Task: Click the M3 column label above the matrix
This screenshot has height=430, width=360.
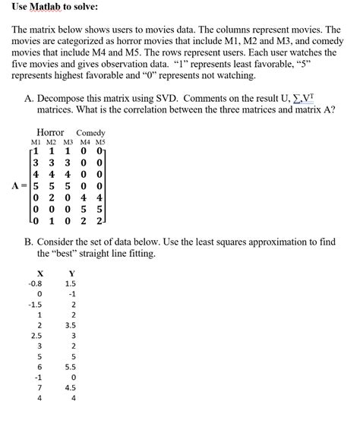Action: [x=70, y=142]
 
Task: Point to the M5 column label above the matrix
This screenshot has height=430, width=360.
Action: [x=100, y=142]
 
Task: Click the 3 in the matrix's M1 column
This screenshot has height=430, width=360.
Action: [x=36, y=162]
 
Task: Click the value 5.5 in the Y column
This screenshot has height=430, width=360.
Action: [x=71, y=365]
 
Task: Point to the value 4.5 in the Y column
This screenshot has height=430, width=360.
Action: [x=71, y=387]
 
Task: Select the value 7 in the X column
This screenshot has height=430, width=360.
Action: [x=39, y=387]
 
